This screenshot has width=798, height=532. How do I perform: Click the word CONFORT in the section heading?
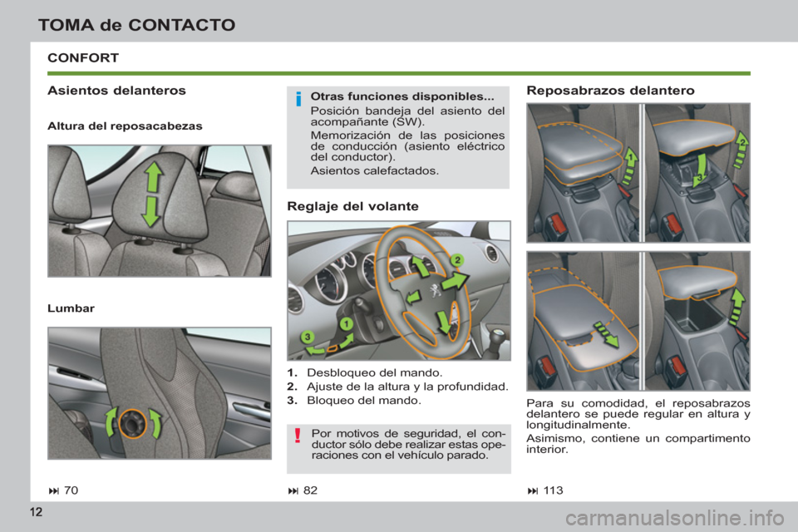(85, 58)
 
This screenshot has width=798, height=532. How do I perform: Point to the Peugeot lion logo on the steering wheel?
(432, 293)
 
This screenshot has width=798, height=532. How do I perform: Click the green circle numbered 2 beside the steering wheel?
(456, 261)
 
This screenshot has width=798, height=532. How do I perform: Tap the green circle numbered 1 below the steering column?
(344, 323)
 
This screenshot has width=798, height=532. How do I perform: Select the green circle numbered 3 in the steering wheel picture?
(308, 337)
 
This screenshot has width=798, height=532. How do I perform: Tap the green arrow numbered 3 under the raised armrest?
(701, 177)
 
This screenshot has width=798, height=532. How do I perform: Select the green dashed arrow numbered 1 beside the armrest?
(630, 157)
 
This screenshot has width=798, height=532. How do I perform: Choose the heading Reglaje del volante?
(352, 205)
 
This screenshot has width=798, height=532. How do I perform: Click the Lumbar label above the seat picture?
(71, 308)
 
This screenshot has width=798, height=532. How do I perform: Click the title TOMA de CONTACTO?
(136, 25)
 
